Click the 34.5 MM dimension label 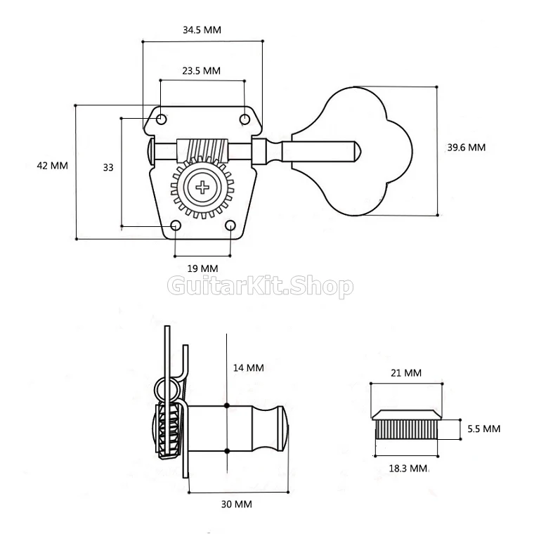(202, 30)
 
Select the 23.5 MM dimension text (201, 71)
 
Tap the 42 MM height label (53, 166)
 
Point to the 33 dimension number (108, 167)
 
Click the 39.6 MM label (467, 148)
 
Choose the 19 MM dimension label (202, 268)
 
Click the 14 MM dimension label (248, 367)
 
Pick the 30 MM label (237, 504)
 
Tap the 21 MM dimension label (406, 373)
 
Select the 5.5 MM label (484, 429)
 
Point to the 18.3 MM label (408, 469)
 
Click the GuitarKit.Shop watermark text (261, 287)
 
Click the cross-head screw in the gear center (202, 188)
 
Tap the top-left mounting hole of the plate (162, 119)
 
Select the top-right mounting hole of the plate (245, 119)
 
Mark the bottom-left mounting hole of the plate (176, 226)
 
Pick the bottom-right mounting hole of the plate (230, 226)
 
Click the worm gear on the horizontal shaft (202, 150)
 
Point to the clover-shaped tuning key (352, 151)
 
